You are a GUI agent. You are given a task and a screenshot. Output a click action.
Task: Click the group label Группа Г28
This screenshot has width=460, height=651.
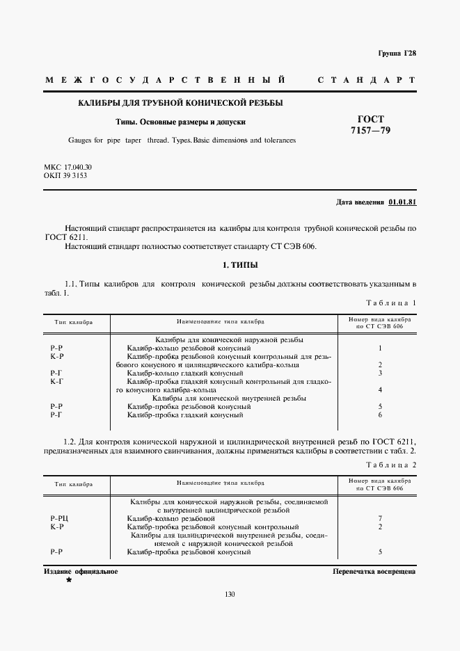coord(397,54)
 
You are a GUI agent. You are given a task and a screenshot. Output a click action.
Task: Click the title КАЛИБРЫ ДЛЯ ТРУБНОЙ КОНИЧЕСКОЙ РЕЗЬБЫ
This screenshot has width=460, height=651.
coord(180,103)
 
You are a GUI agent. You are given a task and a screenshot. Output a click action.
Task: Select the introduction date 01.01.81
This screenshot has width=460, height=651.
coord(402,202)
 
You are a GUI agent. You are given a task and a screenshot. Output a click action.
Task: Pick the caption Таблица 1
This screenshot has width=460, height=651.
coord(390,303)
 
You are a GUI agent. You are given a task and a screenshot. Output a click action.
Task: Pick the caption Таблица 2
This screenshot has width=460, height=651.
coord(390,464)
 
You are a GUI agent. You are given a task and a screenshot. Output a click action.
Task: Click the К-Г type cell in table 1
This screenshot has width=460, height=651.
coord(57,381)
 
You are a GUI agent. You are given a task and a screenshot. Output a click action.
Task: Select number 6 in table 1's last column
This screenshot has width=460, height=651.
coord(380,415)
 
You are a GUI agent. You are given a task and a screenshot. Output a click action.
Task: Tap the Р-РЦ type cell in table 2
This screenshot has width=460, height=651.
coord(59,519)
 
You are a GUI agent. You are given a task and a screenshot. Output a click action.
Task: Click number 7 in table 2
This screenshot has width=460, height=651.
coord(380,519)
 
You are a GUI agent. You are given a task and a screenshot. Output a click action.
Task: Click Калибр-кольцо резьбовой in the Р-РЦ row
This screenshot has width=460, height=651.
coord(170,519)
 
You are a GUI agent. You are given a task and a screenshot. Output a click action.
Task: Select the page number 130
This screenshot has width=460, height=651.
coord(230,593)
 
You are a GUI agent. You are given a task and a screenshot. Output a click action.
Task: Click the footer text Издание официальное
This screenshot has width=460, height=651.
coord(81,571)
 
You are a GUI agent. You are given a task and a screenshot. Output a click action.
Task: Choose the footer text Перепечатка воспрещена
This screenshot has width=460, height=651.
coord(374,571)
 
